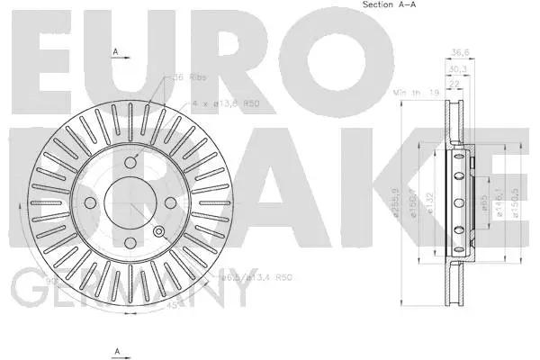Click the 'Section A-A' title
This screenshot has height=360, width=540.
[x=388, y=6]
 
